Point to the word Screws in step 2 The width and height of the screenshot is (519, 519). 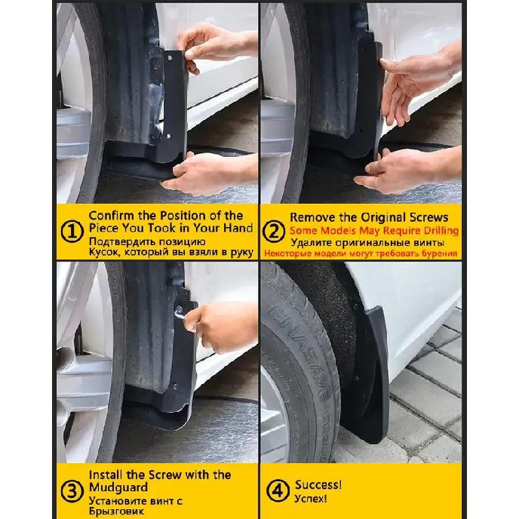(438, 217)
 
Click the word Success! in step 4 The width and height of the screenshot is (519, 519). (318, 484)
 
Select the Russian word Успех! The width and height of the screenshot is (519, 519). (311, 499)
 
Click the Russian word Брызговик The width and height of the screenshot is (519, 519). (115, 511)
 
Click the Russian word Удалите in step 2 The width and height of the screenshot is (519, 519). (309, 242)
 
